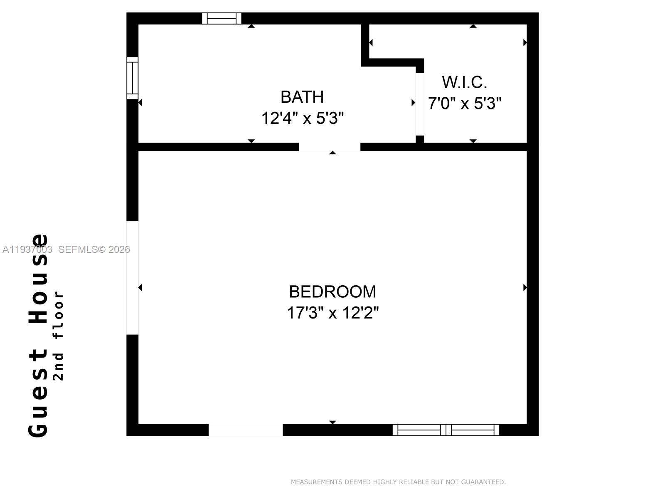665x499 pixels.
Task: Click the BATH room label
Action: tap(302, 97)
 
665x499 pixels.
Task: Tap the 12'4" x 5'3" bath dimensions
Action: tap(302, 119)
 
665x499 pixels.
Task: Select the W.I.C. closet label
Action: tap(464, 82)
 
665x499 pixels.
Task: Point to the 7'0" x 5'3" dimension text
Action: tap(465, 103)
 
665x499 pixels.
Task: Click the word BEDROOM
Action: tap(332, 292)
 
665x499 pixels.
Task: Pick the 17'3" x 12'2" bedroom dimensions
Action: tap(332, 313)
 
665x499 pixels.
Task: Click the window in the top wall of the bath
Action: tap(222, 18)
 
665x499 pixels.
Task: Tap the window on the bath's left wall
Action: tap(132, 78)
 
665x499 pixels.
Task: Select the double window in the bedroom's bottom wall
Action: tap(446, 430)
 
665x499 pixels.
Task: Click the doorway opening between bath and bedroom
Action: tap(330, 147)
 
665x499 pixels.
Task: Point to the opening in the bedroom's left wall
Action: tap(132, 278)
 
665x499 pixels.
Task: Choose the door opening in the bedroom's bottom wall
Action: tap(246, 430)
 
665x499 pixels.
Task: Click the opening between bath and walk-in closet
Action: tap(420, 104)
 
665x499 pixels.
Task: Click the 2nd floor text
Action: tap(59, 335)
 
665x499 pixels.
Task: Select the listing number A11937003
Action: tap(27, 249)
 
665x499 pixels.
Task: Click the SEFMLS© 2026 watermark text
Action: tap(94, 249)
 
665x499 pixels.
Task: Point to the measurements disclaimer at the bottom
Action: tap(398, 482)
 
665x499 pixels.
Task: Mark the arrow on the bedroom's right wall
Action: tap(525, 287)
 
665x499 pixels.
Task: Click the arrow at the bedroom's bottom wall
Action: tap(332, 422)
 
